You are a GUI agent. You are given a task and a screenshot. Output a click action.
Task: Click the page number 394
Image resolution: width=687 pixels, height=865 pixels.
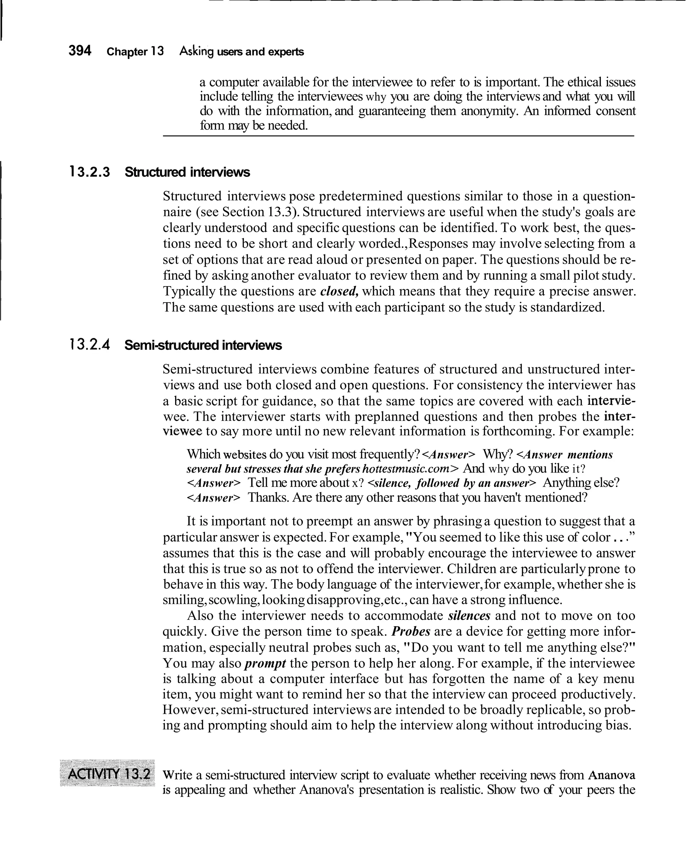pos(80,51)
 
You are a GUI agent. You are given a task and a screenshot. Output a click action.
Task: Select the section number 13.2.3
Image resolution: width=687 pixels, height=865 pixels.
pos(90,172)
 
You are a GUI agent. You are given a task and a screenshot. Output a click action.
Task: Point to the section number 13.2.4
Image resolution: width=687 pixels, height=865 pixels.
pos(90,345)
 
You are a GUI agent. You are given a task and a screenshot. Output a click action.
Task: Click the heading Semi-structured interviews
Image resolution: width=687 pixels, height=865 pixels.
pos(203,345)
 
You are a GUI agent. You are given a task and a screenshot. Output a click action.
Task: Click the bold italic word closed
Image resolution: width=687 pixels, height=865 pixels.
pos(339,291)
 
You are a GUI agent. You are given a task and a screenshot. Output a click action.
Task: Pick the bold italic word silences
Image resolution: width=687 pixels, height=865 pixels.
pos(469,615)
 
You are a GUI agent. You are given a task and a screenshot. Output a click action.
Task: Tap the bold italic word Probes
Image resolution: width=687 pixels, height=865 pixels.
pos(411,632)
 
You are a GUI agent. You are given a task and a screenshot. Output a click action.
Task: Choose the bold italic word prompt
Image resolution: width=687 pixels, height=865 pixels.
pos(265,663)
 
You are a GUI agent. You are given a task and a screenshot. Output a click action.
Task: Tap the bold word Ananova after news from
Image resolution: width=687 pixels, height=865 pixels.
pos(611,775)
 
